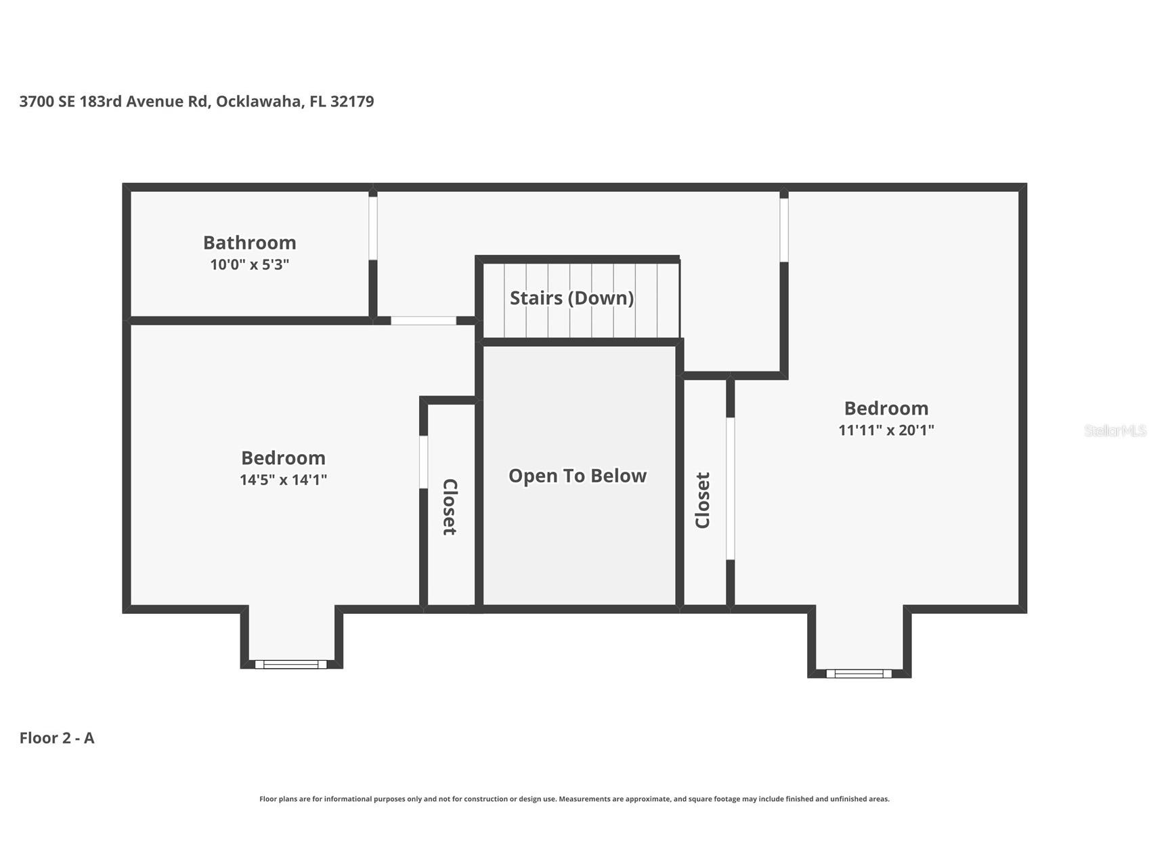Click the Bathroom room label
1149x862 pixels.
pyautogui.click(x=249, y=243)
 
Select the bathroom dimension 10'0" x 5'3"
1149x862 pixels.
pyautogui.click(x=249, y=264)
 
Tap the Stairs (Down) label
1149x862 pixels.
pyautogui.click(x=571, y=298)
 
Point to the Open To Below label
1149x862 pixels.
pyautogui.click(x=578, y=476)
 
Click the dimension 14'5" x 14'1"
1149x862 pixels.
pyautogui.click(x=283, y=480)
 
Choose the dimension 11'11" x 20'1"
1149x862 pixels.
pyautogui.click(x=886, y=430)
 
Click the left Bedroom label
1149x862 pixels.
pyautogui.click(x=283, y=458)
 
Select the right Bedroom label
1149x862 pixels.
pyautogui.click(x=886, y=408)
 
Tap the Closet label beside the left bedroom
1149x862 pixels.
pyautogui.click(x=450, y=507)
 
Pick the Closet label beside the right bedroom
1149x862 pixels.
pyautogui.click(x=703, y=500)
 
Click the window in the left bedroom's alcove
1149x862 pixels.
pyautogui.click(x=291, y=664)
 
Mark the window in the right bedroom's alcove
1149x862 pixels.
pyautogui.click(x=859, y=673)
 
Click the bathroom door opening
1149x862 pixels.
pyautogui.click(x=372, y=228)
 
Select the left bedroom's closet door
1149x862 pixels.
pyautogui.click(x=423, y=461)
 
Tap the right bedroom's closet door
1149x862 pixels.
pyautogui.click(x=730, y=489)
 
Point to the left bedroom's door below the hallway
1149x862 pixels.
pyautogui.click(x=424, y=321)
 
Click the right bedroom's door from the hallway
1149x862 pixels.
pyautogui.click(x=784, y=230)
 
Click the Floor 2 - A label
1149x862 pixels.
pyautogui.click(x=57, y=738)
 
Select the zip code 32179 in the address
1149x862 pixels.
pyautogui.click(x=352, y=102)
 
